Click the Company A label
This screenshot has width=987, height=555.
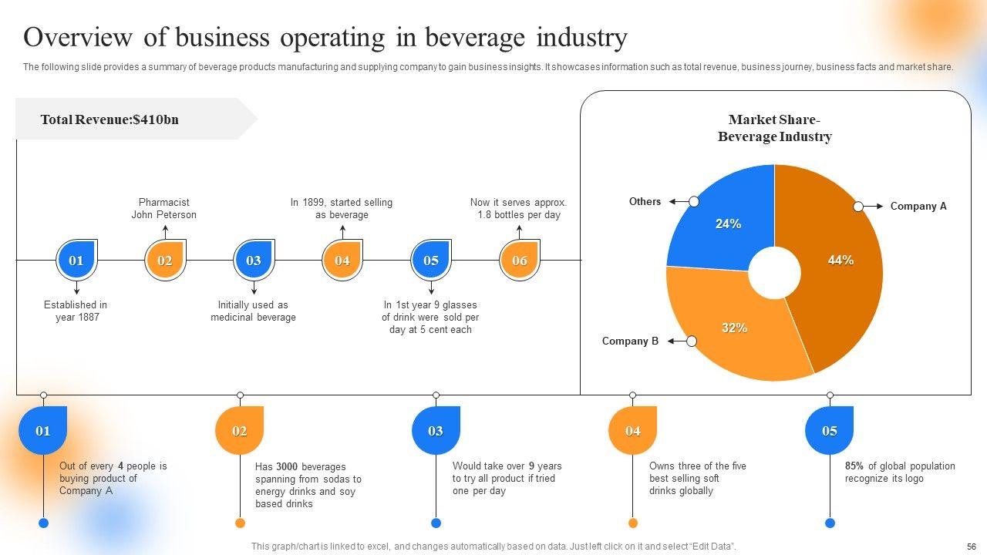click(918, 207)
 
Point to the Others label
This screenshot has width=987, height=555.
click(645, 202)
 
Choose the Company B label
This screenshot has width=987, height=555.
click(630, 341)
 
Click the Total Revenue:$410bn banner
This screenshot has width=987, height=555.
click(109, 119)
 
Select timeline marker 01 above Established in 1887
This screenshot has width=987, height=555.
click(76, 261)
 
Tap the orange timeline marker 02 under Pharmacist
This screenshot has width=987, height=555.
click(165, 261)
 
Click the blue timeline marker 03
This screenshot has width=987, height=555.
click(254, 261)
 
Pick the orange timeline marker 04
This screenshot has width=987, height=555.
click(342, 261)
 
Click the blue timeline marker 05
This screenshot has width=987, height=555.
click(431, 261)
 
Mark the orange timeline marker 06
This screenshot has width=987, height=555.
click(520, 261)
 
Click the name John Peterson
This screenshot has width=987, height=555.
click(163, 215)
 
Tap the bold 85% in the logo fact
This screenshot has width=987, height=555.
click(854, 466)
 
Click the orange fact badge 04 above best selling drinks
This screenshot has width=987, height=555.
click(632, 430)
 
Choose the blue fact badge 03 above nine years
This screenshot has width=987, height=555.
click(436, 430)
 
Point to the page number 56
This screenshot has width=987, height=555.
click(971, 546)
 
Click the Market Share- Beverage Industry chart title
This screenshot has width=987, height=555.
click(774, 129)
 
